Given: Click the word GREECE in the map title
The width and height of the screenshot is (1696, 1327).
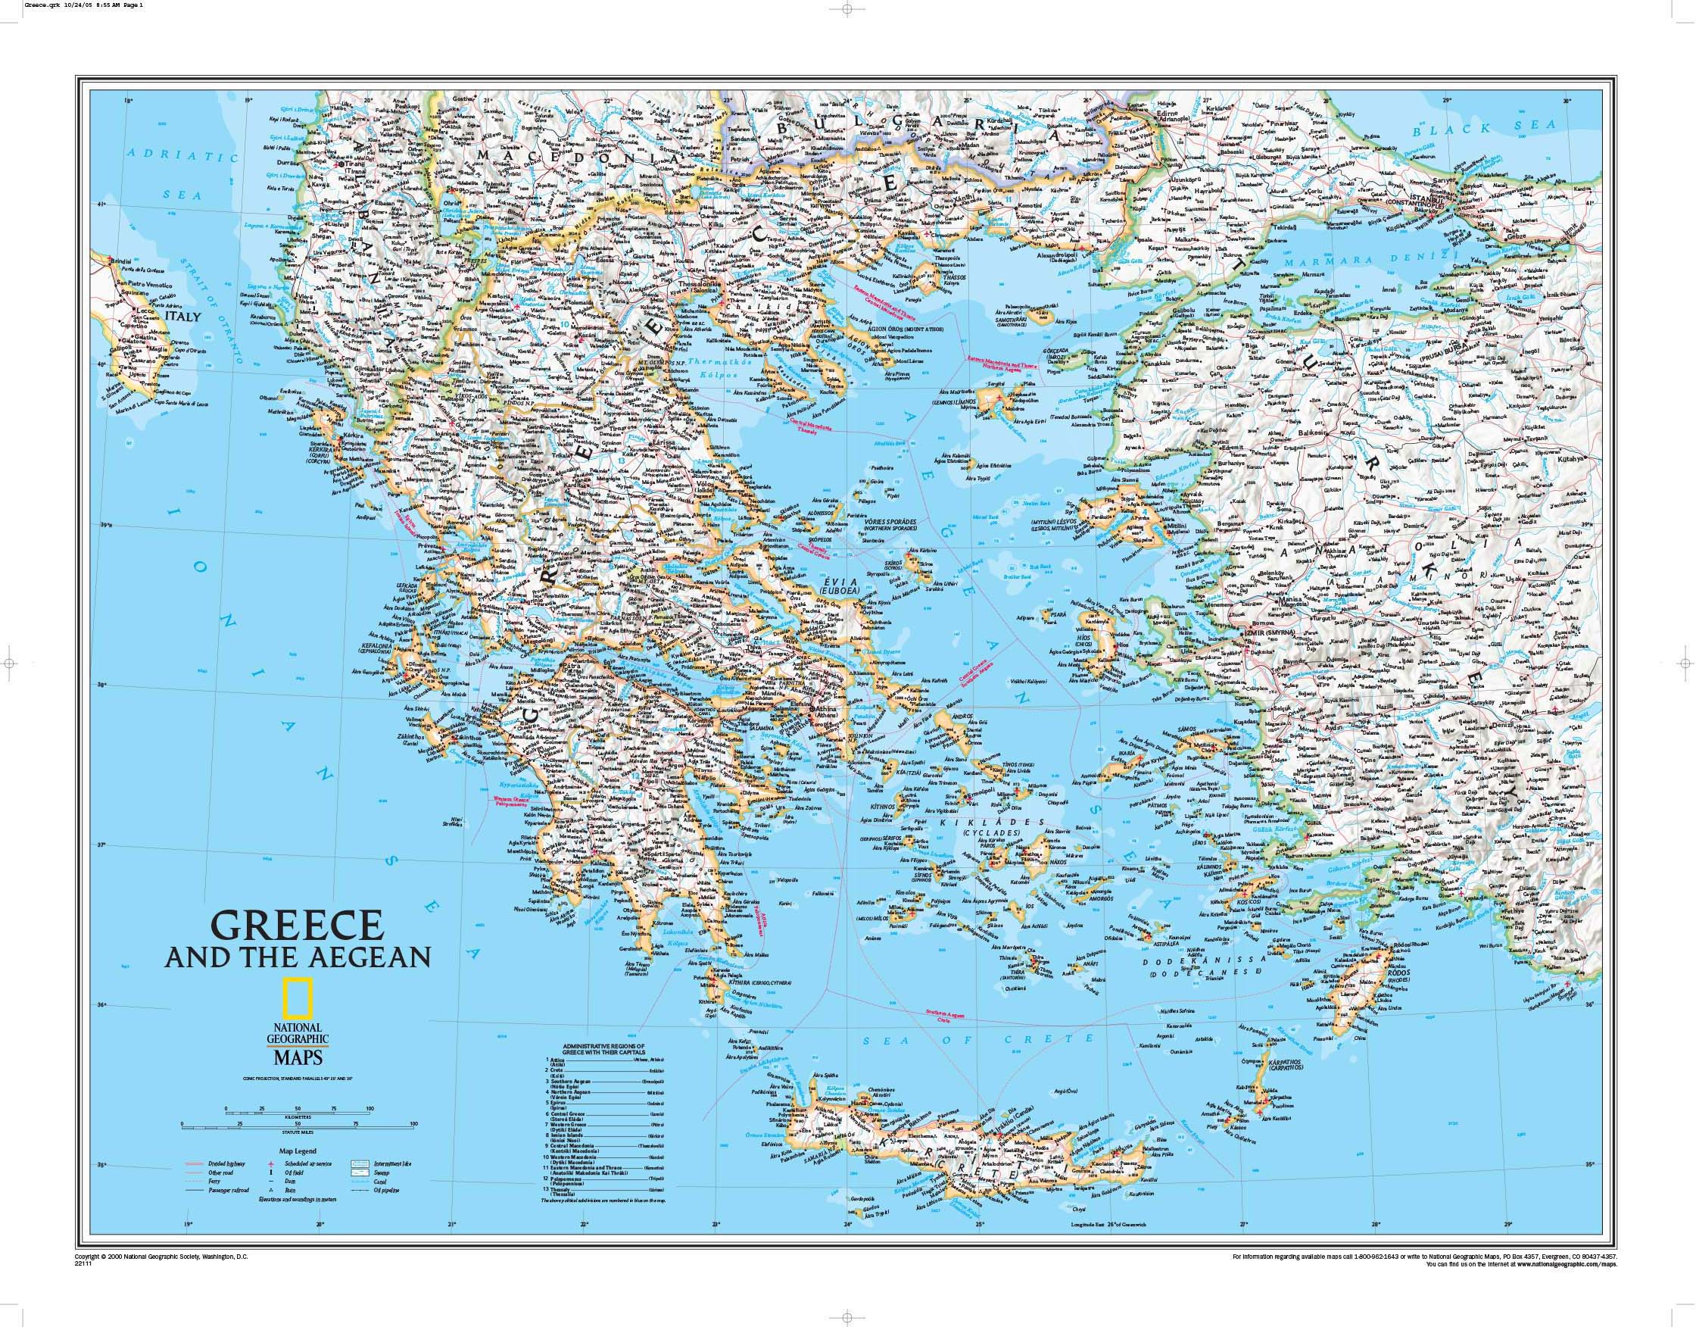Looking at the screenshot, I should pos(297,926).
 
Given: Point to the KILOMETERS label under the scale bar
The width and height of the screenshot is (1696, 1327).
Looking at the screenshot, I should pos(299,1117).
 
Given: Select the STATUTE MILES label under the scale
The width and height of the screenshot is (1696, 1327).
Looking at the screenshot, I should pos(298,1132).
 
